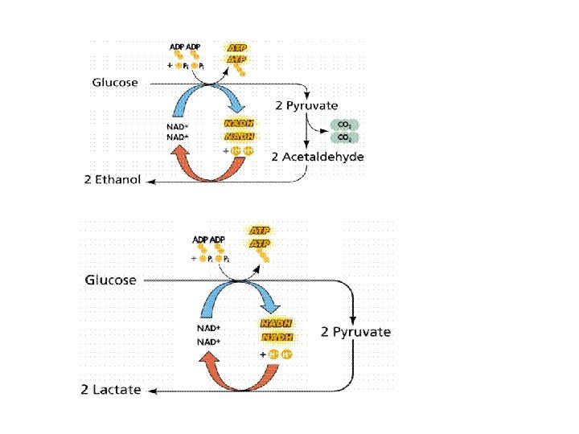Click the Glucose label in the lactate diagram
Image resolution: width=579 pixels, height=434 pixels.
click(x=111, y=280)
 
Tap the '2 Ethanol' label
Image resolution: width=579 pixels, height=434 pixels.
click(x=113, y=179)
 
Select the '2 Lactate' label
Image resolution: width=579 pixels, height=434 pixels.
click(x=111, y=390)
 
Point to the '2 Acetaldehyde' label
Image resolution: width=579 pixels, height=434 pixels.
click(x=318, y=157)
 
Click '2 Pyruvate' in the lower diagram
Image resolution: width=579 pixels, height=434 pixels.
click(x=356, y=331)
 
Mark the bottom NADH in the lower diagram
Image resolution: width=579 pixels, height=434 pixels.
click(x=273, y=337)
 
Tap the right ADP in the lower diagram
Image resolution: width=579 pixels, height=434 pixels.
click(x=217, y=240)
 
